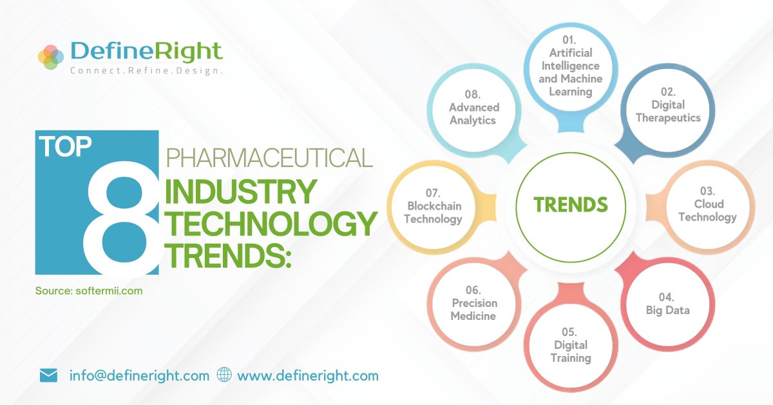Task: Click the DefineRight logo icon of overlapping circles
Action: coord(52,56)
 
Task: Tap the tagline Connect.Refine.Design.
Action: coord(146,70)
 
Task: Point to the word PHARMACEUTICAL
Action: coord(270,158)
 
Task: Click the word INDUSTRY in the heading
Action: coord(241,192)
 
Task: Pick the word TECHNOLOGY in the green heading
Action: coord(271,224)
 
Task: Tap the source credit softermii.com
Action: coord(89,291)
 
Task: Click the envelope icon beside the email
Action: coord(48,375)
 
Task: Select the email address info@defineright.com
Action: coord(139,375)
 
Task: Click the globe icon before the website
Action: coord(224,375)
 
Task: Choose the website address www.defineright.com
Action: coord(308,375)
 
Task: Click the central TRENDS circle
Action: coord(571,205)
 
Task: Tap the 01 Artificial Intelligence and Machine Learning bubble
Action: coord(571,72)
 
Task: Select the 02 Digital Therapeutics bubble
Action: coord(667,110)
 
